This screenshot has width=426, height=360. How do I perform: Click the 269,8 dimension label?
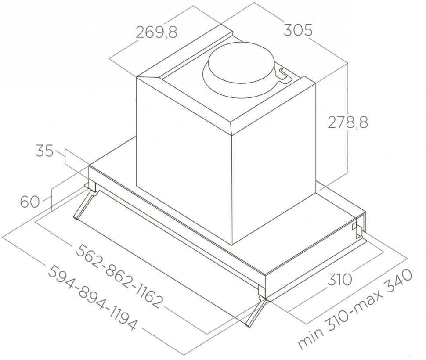[x=156, y=32]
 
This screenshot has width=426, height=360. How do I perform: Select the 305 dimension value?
[x=297, y=31]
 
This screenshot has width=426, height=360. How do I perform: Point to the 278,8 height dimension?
[x=348, y=122]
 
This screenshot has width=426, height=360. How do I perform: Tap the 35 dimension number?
[x=44, y=151]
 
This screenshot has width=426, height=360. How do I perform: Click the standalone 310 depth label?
[x=340, y=279]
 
